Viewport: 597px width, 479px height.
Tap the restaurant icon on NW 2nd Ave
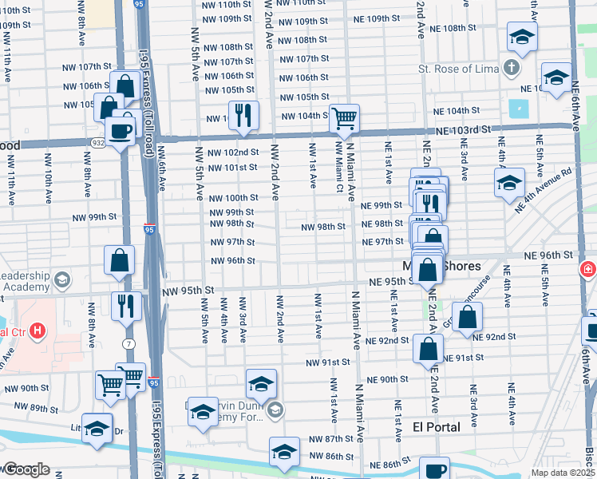tap(243, 115)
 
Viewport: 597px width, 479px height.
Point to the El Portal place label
tap(437, 427)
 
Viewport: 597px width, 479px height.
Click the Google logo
tap(26, 469)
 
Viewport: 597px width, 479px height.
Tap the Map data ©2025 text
tap(561, 473)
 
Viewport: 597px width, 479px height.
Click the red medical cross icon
tap(589, 270)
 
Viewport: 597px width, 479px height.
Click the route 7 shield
tap(128, 321)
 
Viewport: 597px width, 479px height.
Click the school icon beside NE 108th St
tap(522, 36)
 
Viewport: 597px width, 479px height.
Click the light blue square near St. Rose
tap(519, 108)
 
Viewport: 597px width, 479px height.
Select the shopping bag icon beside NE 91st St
tap(429, 348)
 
